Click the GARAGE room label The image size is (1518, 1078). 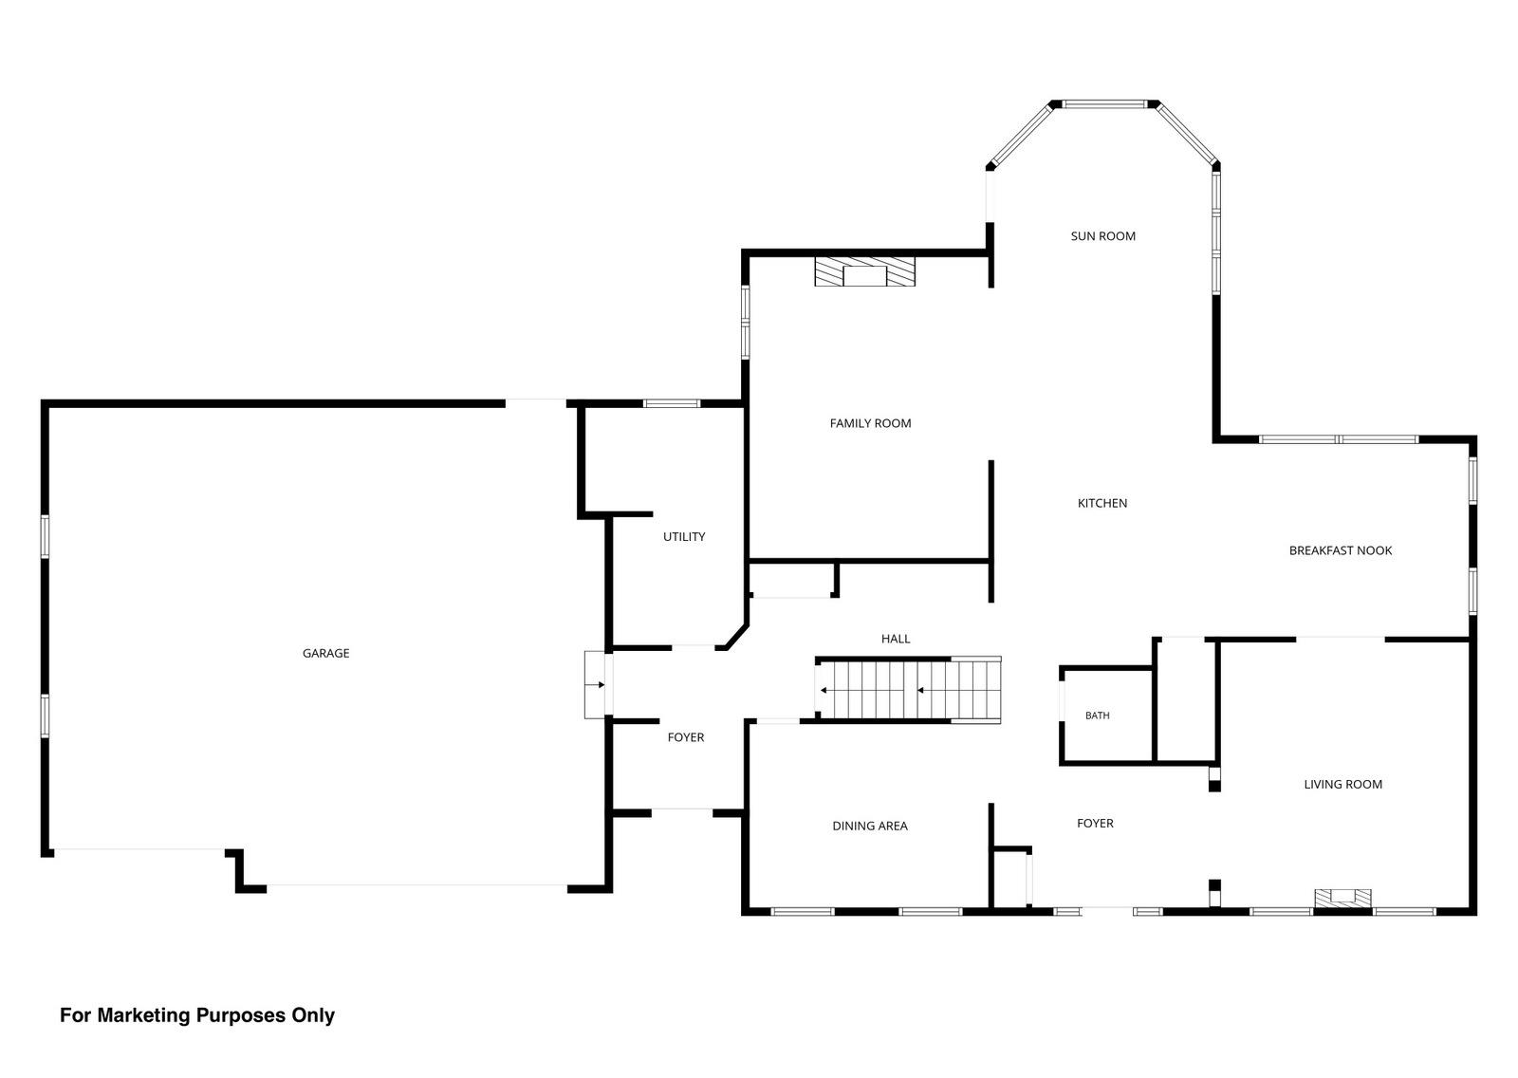[x=326, y=654]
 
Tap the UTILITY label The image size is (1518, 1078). [x=684, y=537]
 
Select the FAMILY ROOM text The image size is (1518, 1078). [x=871, y=424]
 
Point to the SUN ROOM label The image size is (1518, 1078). [x=1103, y=236]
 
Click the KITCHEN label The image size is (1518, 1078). [x=1102, y=503]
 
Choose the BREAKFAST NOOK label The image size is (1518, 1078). [x=1341, y=550]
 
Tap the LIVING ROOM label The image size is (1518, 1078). [x=1343, y=785]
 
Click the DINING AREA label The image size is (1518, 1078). [x=870, y=826]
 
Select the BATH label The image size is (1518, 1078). [x=1098, y=716]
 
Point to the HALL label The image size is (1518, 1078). [x=896, y=639]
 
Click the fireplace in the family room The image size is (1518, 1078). [x=864, y=271]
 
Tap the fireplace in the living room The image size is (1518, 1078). [x=1343, y=899]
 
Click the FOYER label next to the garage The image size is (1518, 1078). [x=686, y=737]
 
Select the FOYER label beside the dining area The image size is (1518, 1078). [x=1095, y=823]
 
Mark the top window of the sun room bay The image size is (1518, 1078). [x=1104, y=104]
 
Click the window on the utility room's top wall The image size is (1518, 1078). [x=672, y=403]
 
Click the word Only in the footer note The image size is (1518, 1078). [x=313, y=1015]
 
